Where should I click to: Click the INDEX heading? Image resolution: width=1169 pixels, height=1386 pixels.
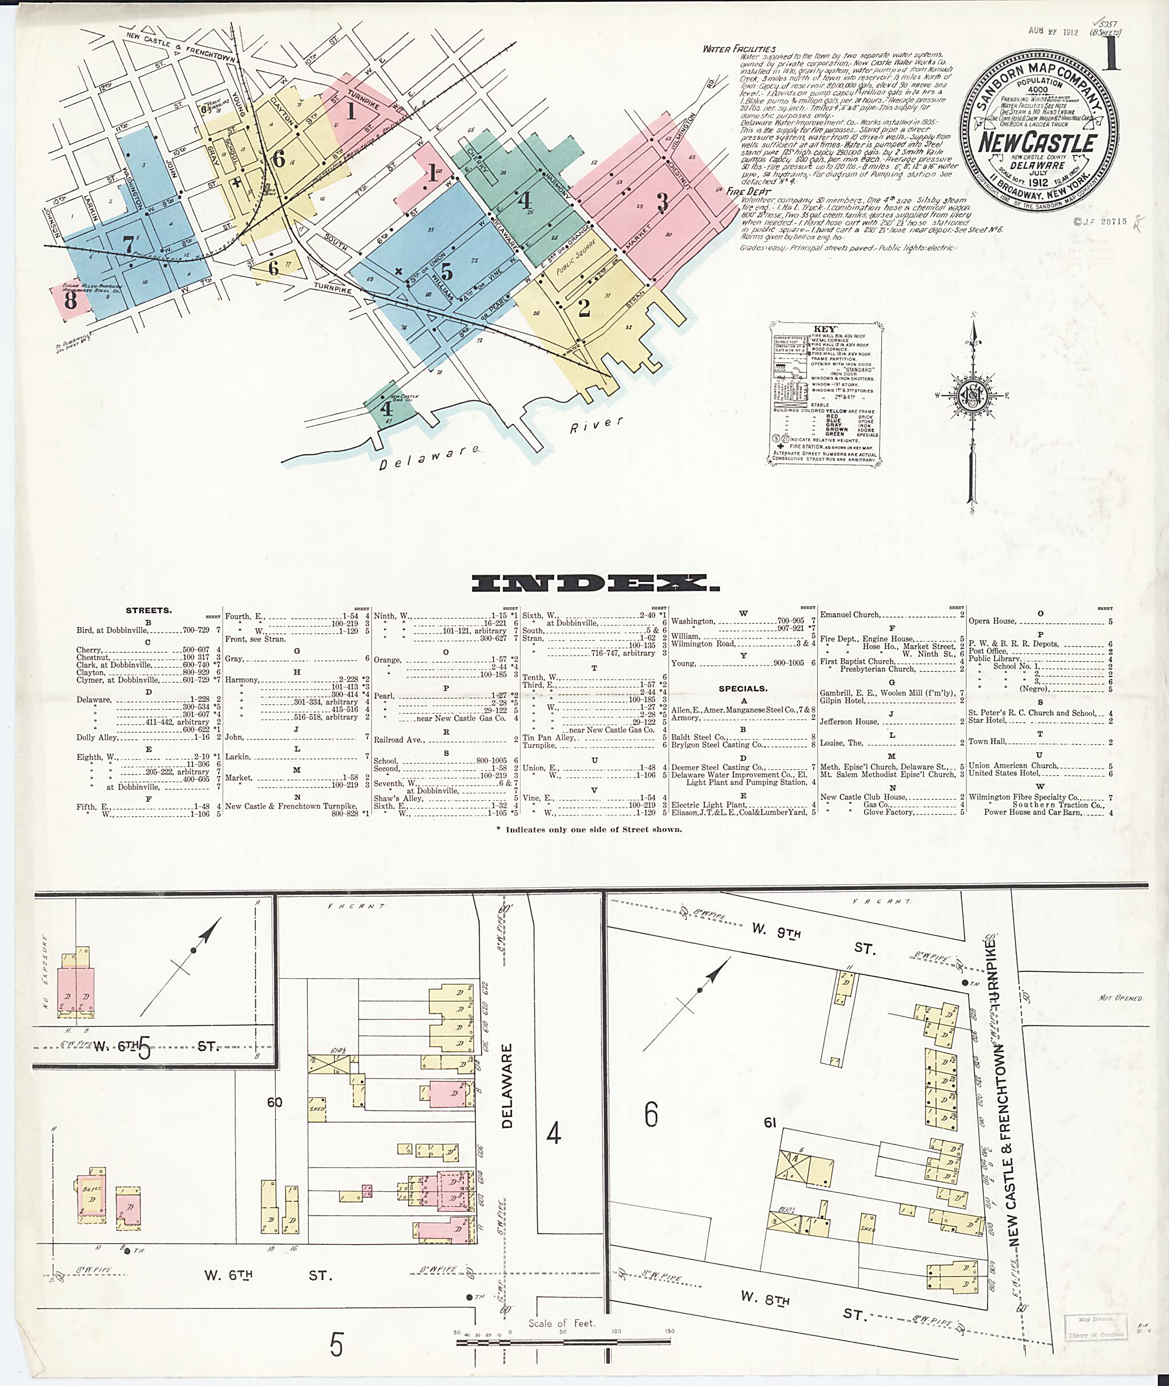pyautogui.click(x=594, y=583)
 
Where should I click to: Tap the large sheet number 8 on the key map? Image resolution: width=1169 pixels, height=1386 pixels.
pyautogui.click(x=70, y=300)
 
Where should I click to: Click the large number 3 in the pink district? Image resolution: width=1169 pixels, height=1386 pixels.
pyautogui.click(x=662, y=201)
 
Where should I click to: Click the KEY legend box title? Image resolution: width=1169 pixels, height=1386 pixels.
pyautogui.click(x=826, y=329)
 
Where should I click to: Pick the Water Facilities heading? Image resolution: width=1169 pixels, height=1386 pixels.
pyautogui.click(x=739, y=49)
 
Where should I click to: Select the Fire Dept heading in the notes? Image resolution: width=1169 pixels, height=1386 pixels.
pyautogui.click(x=744, y=191)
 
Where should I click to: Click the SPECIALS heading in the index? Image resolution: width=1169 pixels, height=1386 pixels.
pyautogui.click(x=742, y=688)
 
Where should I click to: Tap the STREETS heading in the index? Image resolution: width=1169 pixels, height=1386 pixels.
pyautogui.click(x=148, y=609)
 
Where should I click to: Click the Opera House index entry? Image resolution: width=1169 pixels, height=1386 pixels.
pyautogui.click(x=993, y=621)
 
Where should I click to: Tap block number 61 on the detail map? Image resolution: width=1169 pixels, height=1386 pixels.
pyautogui.click(x=769, y=1122)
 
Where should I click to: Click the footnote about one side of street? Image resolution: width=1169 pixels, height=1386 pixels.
pyautogui.click(x=593, y=829)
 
